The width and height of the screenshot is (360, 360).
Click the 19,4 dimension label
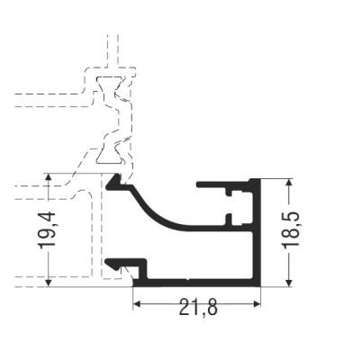tap(47, 230)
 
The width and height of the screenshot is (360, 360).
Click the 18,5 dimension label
tap(291, 229)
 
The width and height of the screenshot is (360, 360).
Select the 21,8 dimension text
tap(197, 307)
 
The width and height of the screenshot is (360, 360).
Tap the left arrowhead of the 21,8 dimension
tap(137, 304)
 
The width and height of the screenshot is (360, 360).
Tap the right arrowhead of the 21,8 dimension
tap(256, 304)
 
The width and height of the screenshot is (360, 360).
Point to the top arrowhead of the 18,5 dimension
tap(289, 183)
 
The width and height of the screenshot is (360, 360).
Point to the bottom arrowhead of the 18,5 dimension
tap(289, 283)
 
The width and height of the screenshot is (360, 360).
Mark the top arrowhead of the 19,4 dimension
tap(49, 177)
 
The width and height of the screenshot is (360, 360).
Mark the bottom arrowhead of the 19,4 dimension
tap(49, 283)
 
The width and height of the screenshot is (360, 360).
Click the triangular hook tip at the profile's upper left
tap(113, 182)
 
